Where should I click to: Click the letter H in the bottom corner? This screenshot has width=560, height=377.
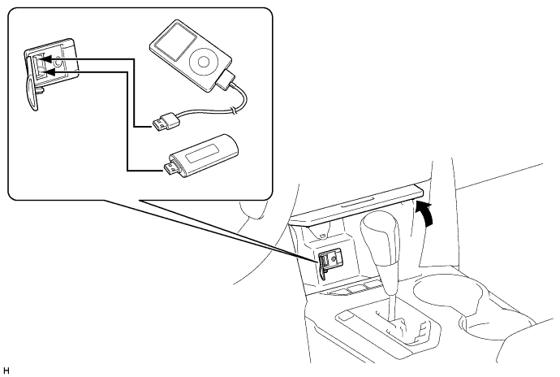6,370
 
